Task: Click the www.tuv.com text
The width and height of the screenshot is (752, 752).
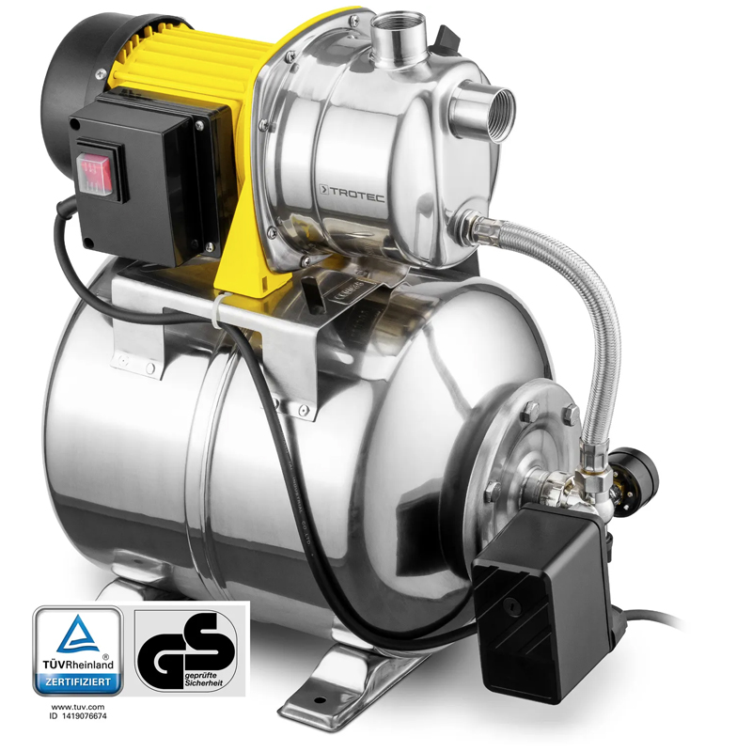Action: pyautogui.click(x=77, y=705)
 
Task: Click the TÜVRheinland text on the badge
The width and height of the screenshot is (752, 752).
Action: pyautogui.click(x=77, y=664)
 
